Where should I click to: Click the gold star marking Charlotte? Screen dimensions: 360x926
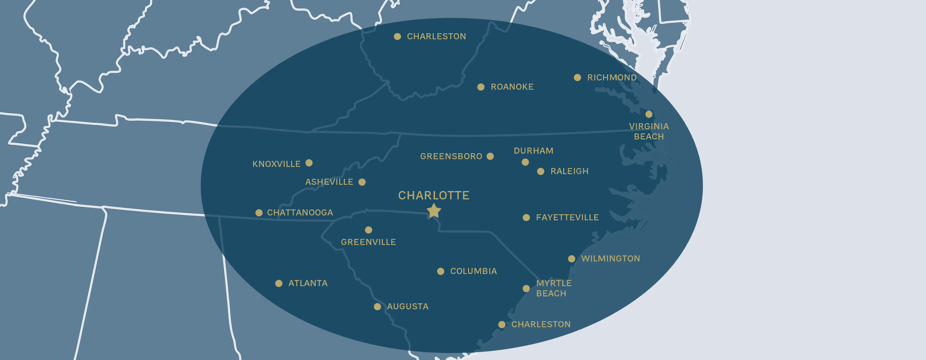pos(434,211)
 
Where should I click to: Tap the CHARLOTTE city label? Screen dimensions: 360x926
pos(434,195)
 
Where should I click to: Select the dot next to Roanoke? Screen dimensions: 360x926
pos(481,87)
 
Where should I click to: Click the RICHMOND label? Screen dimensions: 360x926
pos(612,78)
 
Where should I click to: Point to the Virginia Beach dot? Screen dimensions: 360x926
pos(649,114)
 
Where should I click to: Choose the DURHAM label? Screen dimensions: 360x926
pos(533,151)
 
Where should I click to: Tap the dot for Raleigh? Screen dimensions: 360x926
pos(541,171)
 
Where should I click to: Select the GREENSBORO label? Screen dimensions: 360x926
pos(451,156)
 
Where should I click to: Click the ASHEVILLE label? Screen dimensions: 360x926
pos(329,182)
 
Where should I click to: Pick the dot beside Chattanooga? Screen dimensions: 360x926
pos(259,213)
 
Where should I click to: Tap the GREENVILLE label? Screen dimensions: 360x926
pos(368,242)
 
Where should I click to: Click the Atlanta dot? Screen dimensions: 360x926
pos(279,284)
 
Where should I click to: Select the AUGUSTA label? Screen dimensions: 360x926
pos(408,307)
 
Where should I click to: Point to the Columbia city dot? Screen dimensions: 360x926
pos(441,271)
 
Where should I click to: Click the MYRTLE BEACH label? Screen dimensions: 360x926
pos(554,288)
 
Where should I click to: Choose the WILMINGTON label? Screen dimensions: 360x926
pos(610,259)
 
